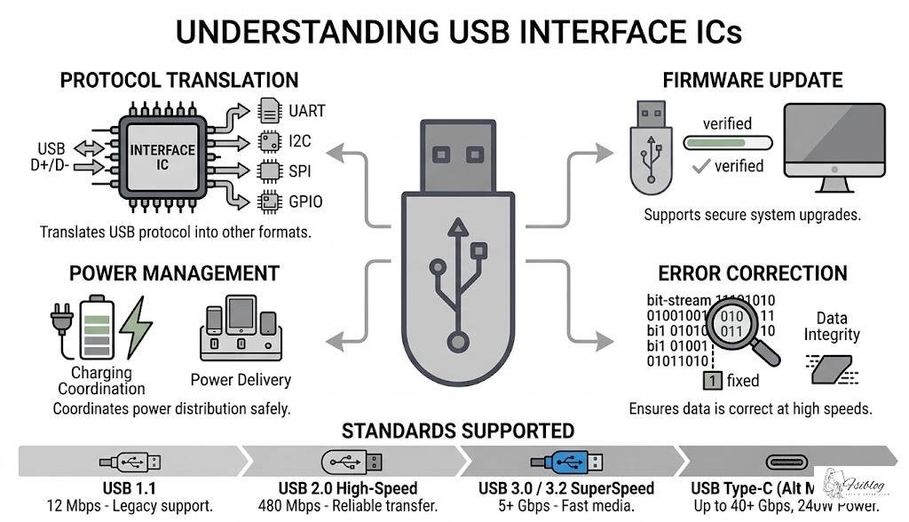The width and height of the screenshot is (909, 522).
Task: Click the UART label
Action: point(306,112)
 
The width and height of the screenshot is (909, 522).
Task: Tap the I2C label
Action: point(300,141)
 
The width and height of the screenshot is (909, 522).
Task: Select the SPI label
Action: point(300,170)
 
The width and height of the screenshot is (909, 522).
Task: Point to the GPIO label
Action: point(305,201)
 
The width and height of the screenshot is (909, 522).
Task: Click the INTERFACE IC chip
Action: point(162,156)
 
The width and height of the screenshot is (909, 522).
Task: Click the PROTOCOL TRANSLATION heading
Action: point(178,80)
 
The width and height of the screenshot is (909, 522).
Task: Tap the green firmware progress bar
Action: point(726,143)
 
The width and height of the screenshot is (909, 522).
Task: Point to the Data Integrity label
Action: point(831,327)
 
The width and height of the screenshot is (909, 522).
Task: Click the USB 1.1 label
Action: point(129,488)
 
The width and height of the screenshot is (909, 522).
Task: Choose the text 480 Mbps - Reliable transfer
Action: point(348,506)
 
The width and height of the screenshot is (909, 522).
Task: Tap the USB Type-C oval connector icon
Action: point(782,462)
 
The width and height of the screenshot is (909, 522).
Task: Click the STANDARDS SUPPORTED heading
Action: point(457,431)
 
